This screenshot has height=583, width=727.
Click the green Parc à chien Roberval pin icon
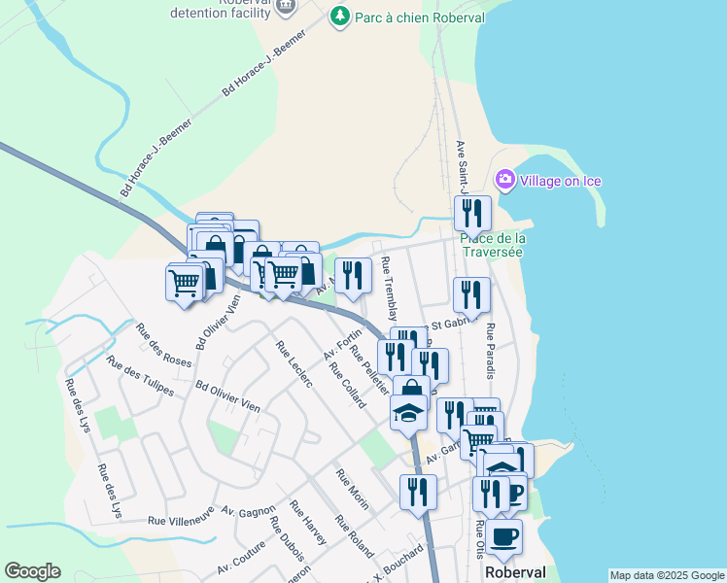pyautogui.click(x=339, y=16)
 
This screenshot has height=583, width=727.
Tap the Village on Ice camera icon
pyautogui.click(x=504, y=180)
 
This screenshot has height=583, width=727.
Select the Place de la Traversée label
pyautogui.click(x=492, y=245)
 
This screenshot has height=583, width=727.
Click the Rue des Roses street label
pyautogui.click(x=163, y=345)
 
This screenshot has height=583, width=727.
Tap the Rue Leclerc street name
pyautogui.click(x=294, y=364)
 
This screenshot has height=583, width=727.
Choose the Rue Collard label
pyautogui.click(x=347, y=385)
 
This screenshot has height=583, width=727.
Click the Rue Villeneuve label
pyautogui.click(x=181, y=520)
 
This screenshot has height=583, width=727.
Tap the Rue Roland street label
pyautogui.click(x=354, y=535)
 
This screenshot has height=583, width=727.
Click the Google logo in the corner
pyautogui.click(x=32, y=571)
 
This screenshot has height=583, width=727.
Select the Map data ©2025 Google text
pyautogui.click(x=667, y=575)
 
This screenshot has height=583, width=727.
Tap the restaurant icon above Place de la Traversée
pyautogui.click(x=472, y=212)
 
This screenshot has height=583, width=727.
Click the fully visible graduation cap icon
pyautogui.click(x=408, y=412)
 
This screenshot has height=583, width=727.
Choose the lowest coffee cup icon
pyautogui.click(x=502, y=537)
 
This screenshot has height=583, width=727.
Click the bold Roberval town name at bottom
pyautogui.click(x=515, y=573)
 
